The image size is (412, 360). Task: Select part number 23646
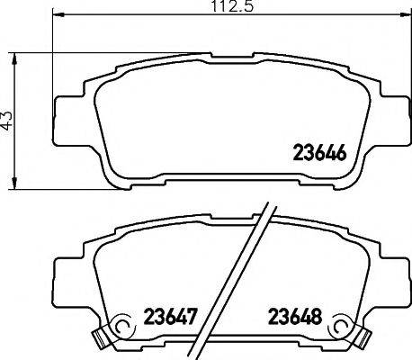pyautogui.click(x=320, y=152)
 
